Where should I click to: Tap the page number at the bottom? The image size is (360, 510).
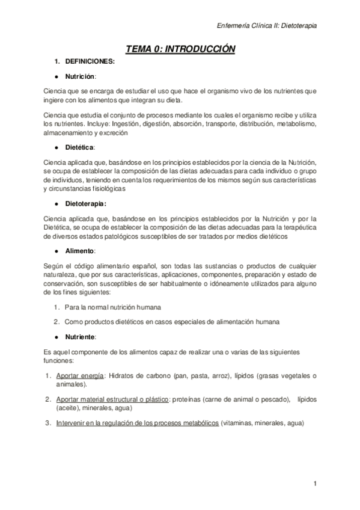coord(314,483)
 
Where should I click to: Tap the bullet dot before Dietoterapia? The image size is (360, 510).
coord(56,204)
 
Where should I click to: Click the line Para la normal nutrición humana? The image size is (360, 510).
coord(111,307)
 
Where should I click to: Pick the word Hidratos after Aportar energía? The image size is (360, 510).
coord(123,376)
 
